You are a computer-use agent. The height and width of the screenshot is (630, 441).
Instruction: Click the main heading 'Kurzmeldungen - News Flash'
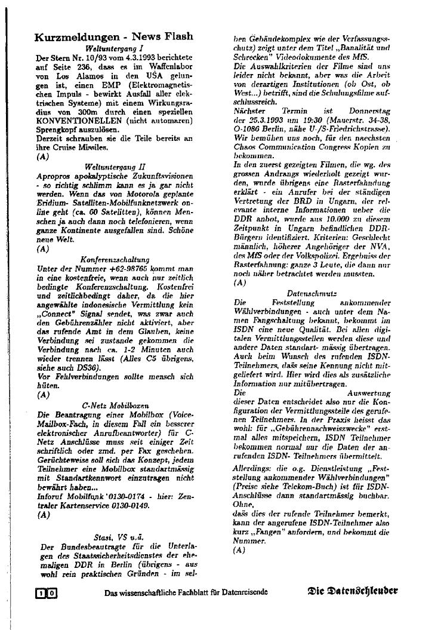(x=114, y=37)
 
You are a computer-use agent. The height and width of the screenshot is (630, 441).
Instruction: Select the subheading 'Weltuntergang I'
(x=113, y=47)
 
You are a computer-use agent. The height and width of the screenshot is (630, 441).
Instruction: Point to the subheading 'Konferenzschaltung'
(x=113, y=259)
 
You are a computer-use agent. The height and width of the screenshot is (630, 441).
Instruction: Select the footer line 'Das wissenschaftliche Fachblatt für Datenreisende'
(x=186, y=592)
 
